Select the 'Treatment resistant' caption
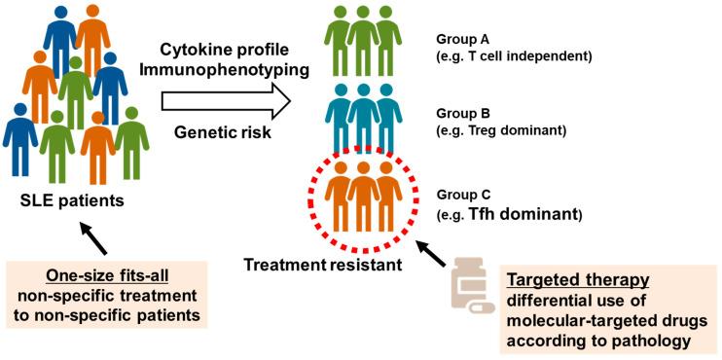point(320,262)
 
